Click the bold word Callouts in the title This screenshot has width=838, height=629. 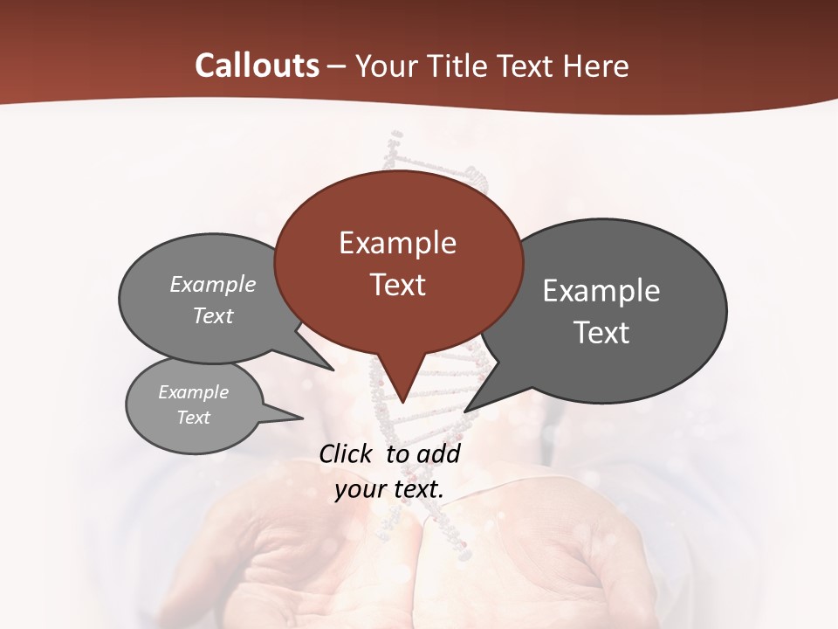[x=257, y=66]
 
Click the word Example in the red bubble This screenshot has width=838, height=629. [x=397, y=243]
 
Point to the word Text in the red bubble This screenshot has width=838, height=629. [x=397, y=285]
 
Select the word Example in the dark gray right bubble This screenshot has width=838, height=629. [x=601, y=291]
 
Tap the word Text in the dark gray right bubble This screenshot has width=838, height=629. [x=601, y=333]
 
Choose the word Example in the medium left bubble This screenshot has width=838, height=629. [x=213, y=284]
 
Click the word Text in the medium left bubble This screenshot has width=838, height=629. [x=213, y=315]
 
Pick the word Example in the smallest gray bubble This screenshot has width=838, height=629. [x=193, y=392]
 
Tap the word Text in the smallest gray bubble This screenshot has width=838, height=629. [x=193, y=418]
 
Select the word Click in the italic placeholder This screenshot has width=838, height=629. [x=346, y=453]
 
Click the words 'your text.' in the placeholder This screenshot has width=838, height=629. [x=389, y=489]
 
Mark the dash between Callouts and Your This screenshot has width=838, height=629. [x=337, y=66]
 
